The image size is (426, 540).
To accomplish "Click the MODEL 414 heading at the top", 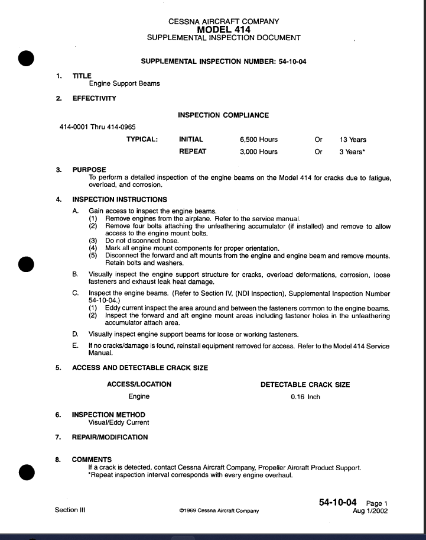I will [223, 30].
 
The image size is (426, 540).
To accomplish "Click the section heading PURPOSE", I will [89, 170].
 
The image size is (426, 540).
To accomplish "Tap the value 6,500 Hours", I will [258, 140].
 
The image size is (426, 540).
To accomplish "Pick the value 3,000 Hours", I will [258, 151].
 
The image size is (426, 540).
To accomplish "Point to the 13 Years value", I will [353, 140].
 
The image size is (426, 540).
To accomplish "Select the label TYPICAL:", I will [142, 140].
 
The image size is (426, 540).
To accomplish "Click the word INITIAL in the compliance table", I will [191, 140].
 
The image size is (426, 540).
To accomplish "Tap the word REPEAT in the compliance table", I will [193, 151].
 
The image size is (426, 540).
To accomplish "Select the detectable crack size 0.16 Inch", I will [305, 397].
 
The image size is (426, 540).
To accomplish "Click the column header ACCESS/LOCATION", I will [139, 384].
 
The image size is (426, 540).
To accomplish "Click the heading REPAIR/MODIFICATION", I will [110, 437].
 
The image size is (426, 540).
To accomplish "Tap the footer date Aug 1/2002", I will [370, 511].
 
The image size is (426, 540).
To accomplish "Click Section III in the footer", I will [70, 510].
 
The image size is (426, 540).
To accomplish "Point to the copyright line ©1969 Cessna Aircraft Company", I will [219, 511].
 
